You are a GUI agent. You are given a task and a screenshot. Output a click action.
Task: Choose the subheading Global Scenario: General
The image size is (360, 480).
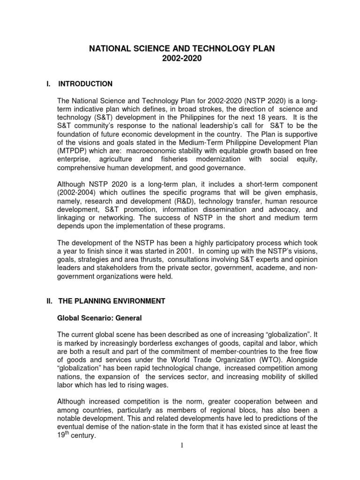[99, 318]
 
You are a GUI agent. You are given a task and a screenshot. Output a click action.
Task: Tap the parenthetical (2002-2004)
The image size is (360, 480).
[78, 193]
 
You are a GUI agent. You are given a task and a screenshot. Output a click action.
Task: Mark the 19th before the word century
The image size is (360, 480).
[63, 435]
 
